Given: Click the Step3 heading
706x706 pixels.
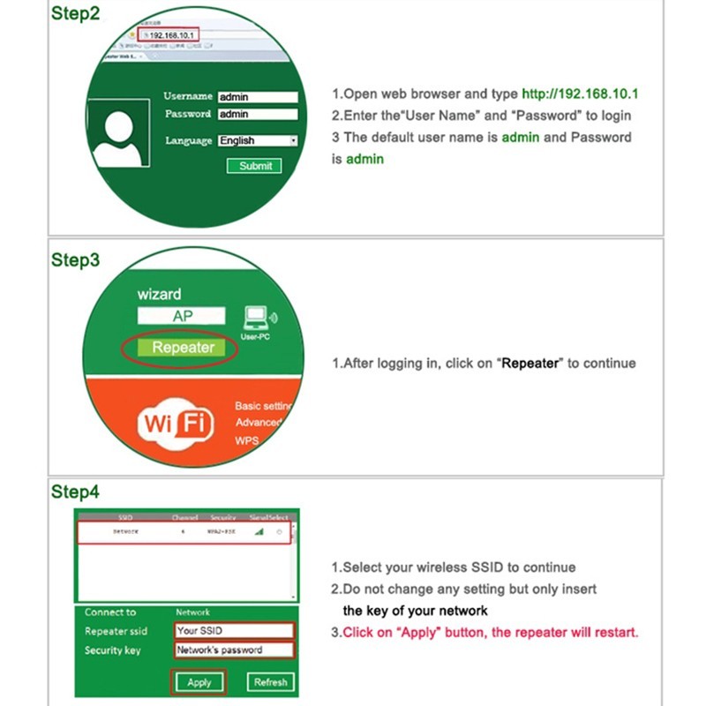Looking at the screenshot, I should coord(75,260).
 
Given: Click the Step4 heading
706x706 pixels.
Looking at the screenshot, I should coord(75,492).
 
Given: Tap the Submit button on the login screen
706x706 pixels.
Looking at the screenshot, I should coord(255,166).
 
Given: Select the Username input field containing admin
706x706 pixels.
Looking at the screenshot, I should coord(257,97).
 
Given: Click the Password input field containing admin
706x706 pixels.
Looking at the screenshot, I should coord(257,115).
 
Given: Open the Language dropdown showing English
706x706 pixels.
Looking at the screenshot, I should coord(257,140).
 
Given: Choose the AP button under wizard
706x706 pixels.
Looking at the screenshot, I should coord(182,316).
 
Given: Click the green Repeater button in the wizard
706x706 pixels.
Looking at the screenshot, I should coord(182,348).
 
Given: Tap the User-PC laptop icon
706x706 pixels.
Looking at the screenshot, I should coord(257,319).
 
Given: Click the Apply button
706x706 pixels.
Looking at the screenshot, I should coord(199,682).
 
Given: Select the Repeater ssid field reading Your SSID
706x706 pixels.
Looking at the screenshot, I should coord(234,631).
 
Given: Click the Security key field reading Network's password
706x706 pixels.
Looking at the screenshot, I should coord(234,650).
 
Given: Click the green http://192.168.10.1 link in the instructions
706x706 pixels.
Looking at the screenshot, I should coord(580,94).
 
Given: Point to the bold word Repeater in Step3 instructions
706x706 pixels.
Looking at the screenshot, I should coord(529,364).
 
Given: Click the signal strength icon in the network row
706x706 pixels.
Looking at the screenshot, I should coord(259,532).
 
